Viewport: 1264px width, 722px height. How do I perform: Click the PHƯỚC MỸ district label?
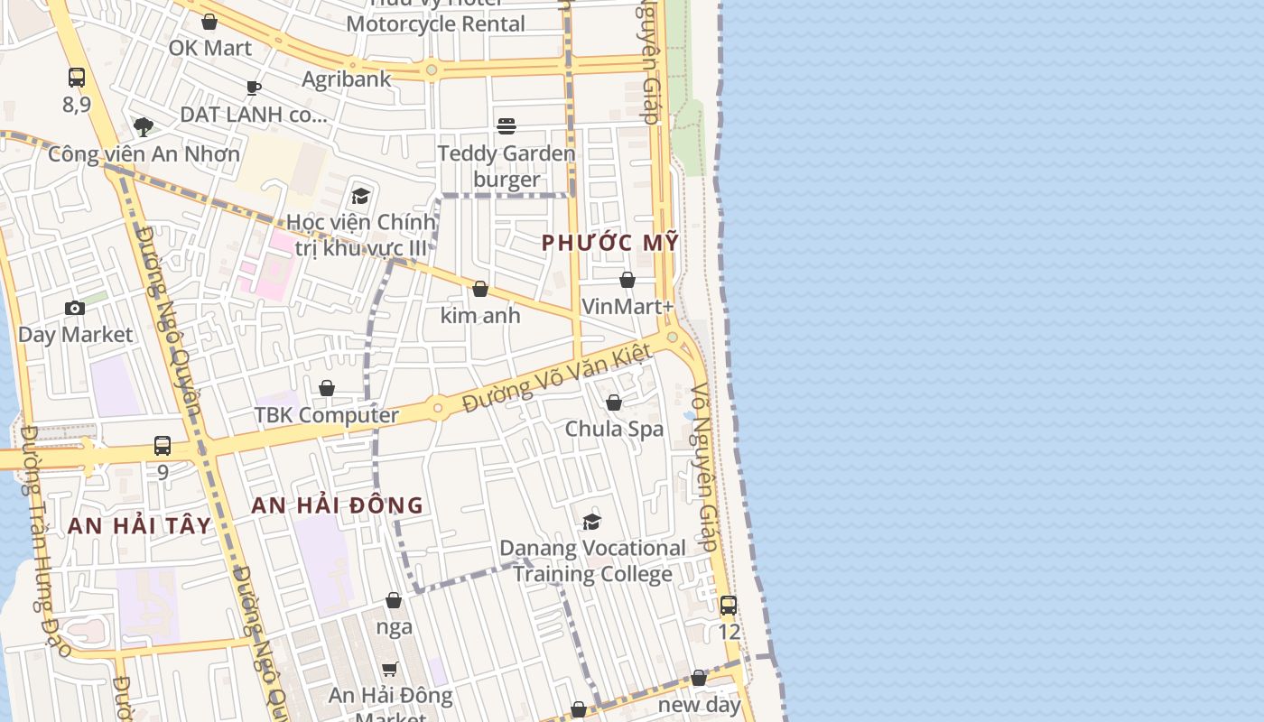pos(609,243)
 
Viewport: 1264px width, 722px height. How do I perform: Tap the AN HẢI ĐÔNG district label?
pos(337,505)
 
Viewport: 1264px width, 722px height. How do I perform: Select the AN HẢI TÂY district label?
pos(139,526)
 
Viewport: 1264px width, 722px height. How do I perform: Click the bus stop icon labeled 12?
pos(729,606)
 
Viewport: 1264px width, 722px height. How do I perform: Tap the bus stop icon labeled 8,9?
pos(77,78)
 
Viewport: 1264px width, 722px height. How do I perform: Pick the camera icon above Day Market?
pos(75,309)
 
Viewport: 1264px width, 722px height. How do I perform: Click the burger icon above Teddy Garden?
pos(507,126)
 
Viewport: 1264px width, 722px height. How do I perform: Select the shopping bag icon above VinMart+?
pos(627,281)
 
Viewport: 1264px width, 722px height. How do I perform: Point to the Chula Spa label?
pos(614,429)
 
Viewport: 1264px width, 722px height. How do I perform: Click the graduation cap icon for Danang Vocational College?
pos(592,522)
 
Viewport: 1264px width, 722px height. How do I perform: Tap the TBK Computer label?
pos(326,415)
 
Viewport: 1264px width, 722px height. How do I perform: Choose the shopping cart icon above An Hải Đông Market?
pos(390,669)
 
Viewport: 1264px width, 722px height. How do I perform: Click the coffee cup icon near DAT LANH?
pos(254,88)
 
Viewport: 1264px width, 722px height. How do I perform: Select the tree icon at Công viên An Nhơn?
pos(144,126)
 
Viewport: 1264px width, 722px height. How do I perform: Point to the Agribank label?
pos(347,79)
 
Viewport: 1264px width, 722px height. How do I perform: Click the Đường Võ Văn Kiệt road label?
pos(556,379)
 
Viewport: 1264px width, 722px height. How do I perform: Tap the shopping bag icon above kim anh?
pos(480,289)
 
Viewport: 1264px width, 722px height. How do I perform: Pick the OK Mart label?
pos(210,48)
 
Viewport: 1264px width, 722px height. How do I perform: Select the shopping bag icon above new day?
pos(699,678)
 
